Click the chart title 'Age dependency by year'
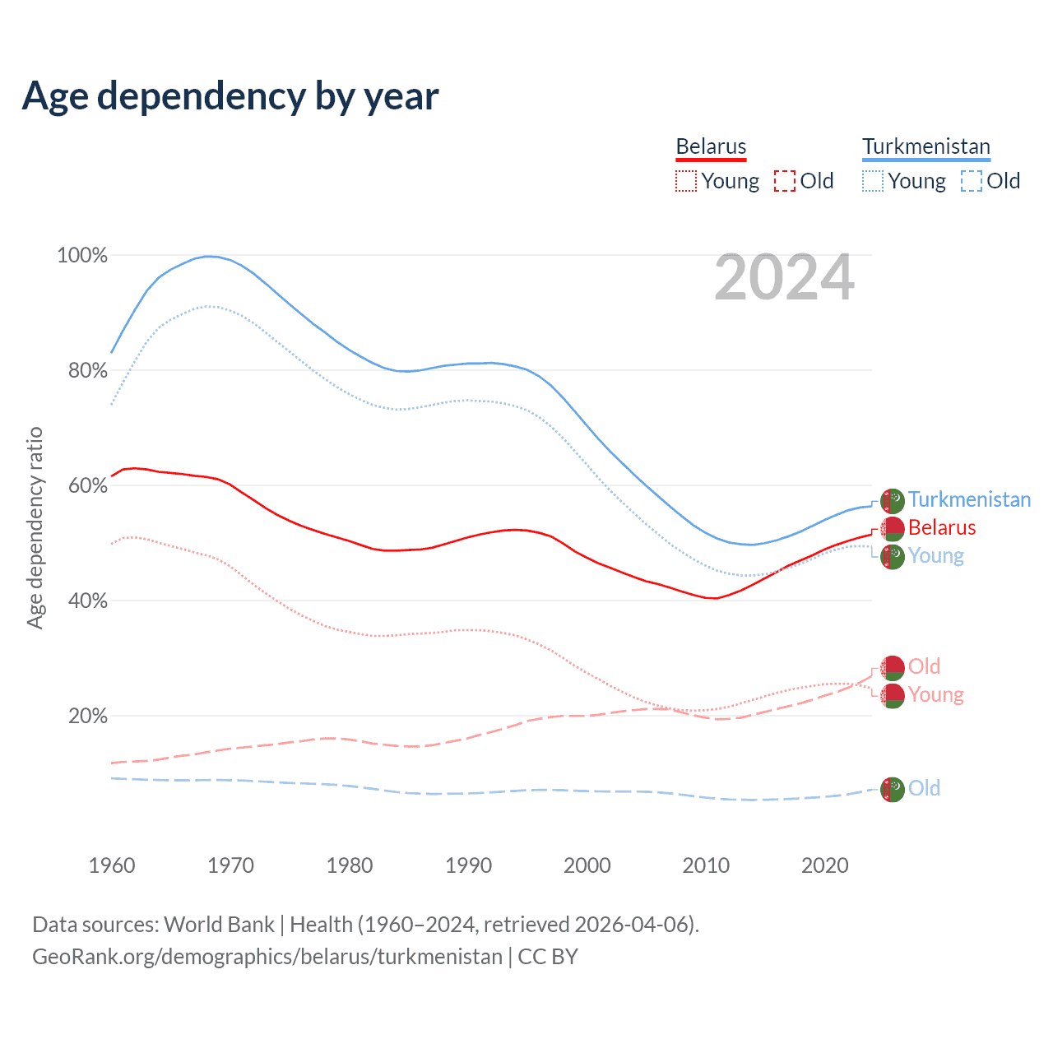(230, 96)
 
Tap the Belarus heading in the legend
(711, 146)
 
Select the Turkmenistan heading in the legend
(925, 146)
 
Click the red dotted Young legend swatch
(685, 181)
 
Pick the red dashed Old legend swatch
(784, 181)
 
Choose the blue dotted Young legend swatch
(872, 181)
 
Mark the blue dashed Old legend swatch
(971, 181)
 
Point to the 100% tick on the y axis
(82, 256)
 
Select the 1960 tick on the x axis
(112, 865)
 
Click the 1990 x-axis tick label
(468, 865)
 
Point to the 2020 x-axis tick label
(824, 865)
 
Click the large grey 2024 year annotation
(784, 277)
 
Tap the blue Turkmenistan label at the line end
(969, 499)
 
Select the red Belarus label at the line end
(941, 527)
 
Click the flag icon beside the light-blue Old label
(893, 789)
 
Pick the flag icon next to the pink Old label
(893, 667)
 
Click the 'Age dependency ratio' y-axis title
(35, 527)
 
